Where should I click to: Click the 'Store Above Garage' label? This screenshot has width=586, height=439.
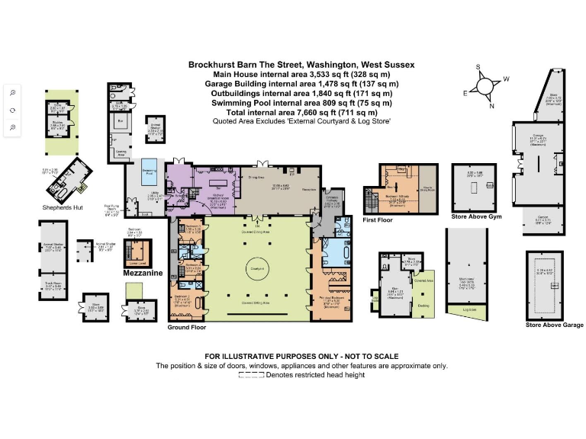554,325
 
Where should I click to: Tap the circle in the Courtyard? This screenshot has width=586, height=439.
253,269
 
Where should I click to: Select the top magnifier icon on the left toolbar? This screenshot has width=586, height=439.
13,92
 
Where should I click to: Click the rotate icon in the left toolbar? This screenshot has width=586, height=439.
13,110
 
